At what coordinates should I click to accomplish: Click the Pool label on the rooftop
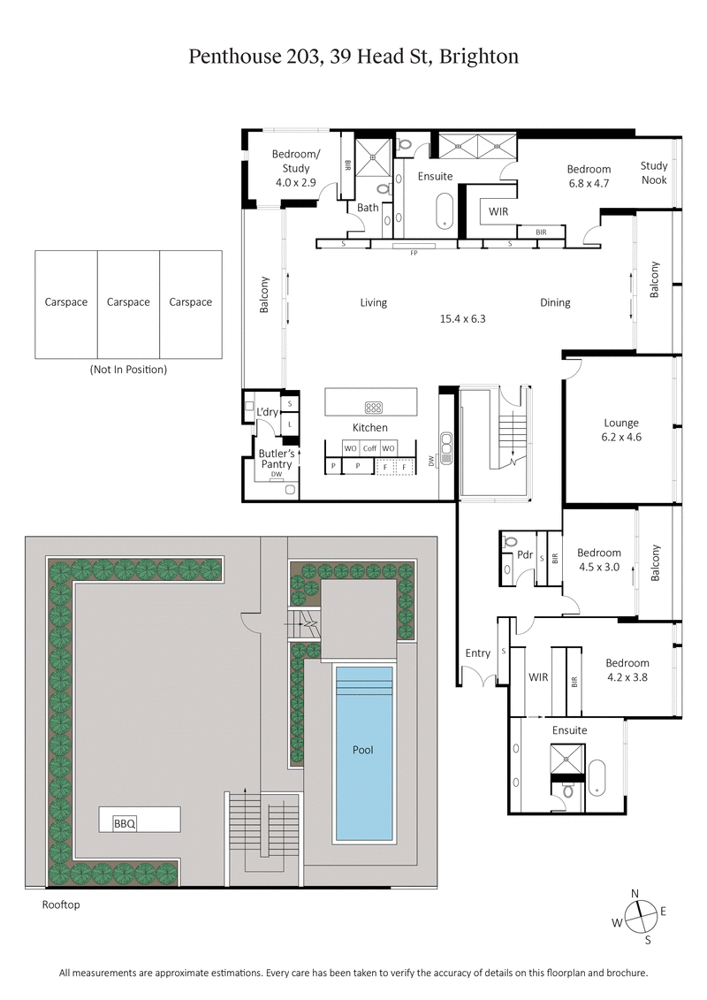click(x=362, y=750)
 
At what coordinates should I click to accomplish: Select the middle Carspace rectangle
click(x=128, y=303)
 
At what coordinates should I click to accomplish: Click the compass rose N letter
click(x=635, y=894)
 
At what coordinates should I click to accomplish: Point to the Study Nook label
click(x=654, y=172)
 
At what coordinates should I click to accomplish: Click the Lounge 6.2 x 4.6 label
click(x=621, y=430)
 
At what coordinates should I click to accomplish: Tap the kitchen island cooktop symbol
click(x=373, y=408)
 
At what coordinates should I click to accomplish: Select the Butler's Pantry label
click(x=276, y=459)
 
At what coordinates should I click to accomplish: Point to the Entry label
click(x=477, y=653)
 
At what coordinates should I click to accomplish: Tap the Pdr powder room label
click(x=525, y=555)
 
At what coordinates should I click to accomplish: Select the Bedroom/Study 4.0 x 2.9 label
click(x=296, y=168)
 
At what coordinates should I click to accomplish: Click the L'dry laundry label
click(x=267, y=412)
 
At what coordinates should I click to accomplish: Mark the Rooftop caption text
click(x=61, y=905)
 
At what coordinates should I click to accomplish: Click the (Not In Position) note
click(x=128, y=370)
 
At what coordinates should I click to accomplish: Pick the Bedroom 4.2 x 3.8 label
click(x=627, y=670)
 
